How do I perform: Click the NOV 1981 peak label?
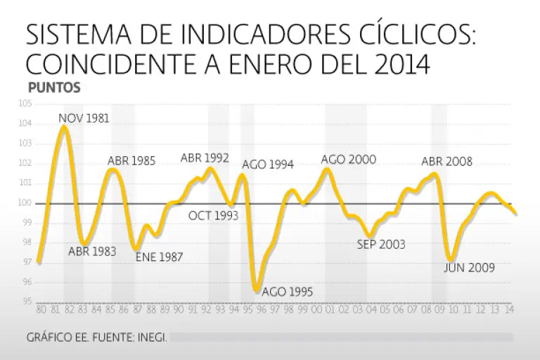pyautogui.click(x=84, y=117)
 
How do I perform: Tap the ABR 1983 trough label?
pyautogui.click(x=92, y=251)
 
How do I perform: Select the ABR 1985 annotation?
pyautogui.click(x=131, y=161)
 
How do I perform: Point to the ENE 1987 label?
pyautogui.click(x=159, y=257)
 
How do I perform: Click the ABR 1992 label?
pyautogui.click(x=205, y=158)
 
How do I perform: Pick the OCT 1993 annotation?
pyautogui.click(x=213, y=215)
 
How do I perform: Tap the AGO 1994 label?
pyautogui.click(x=268, y=165)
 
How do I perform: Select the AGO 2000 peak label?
pyautogui.click(x=349, y=160)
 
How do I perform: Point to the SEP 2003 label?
pyautogui.click(x=381, y=245)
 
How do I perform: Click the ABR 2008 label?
pyautogui.click(x=446, y=162)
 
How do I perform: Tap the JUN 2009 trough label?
pyautogui.click(x=470, y=267)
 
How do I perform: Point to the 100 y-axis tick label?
pyautogui.click(x=27, y=203)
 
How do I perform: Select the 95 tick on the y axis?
pyautogui.click(x=27, y=302)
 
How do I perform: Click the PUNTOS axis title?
pyautogui.click(x=53, y=89)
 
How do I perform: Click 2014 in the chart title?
pyautogui.click(x=400, y=64)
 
